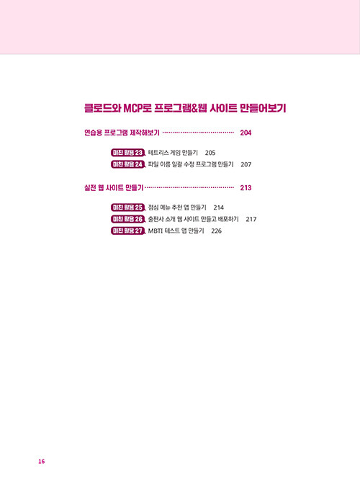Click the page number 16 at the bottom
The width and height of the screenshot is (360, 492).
coord(41,461)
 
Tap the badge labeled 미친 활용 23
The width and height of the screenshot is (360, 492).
coord(128,153)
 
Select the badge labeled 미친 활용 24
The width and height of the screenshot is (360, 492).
coord(128,164)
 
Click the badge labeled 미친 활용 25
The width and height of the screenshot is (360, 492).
coord(128,207)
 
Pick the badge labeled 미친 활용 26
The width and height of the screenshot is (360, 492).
coord(128,219)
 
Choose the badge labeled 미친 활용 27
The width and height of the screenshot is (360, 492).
coord(128,231)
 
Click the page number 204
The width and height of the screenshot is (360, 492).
coord(246,133)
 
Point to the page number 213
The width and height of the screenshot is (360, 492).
coord(246,187)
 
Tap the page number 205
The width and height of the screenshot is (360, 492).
coord(210,153)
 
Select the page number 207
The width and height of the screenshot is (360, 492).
coord(246,164)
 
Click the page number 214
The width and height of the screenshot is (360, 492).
coord(219,207)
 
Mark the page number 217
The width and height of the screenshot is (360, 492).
coord(251,219)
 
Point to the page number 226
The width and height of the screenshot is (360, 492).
coord(217,231)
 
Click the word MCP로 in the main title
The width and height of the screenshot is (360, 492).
coord(138,108)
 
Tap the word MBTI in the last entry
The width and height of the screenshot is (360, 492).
coord(154,231)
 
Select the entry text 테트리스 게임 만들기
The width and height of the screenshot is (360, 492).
coord(173,153)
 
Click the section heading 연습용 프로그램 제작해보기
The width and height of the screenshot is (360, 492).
coord(122,133)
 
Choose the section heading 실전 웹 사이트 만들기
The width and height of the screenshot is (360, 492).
coord(114,187)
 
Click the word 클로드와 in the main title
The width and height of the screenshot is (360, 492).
coord(102,108)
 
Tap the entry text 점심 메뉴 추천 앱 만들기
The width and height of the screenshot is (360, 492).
coord(177,207)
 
